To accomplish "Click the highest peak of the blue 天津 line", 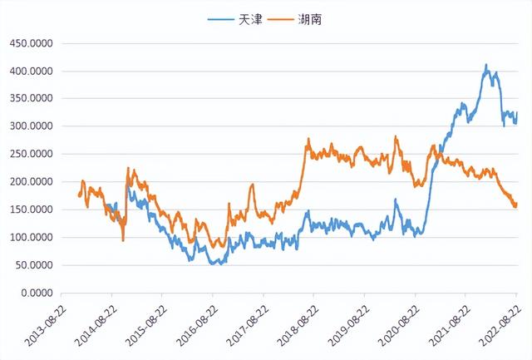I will (486, 65).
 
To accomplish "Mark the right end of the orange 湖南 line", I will (516, 203).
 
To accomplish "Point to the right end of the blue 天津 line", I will (516, 113).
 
